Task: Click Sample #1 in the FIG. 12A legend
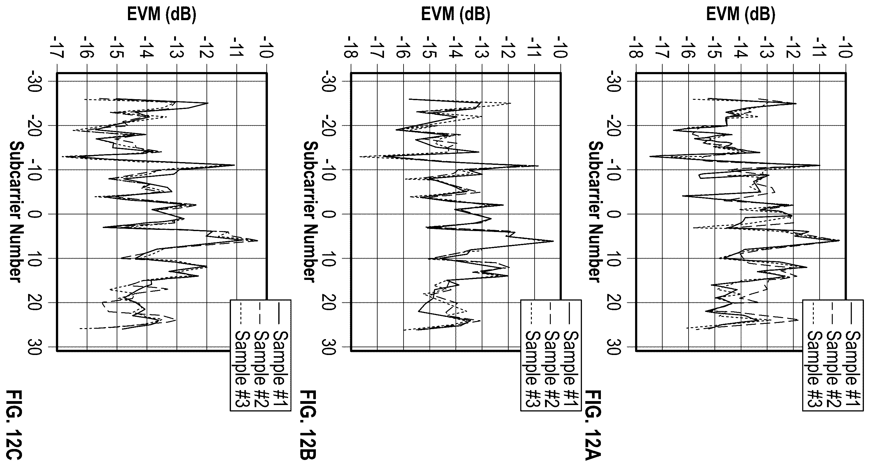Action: pos(853,358)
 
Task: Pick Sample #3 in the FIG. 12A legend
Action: pos(815,358)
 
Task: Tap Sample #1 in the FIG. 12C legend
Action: pos(280,358)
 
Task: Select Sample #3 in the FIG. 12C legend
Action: pos(243,358)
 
